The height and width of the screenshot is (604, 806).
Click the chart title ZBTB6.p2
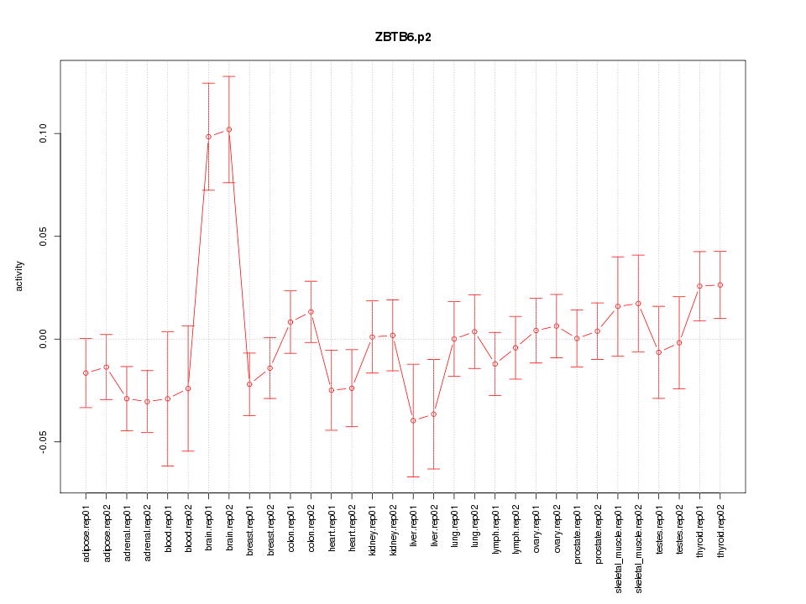pos(403,37)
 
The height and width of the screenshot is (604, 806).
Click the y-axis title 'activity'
pos(19,276)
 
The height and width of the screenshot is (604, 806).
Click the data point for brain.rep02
pos(229,129)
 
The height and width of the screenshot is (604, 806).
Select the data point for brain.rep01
pos(208,137)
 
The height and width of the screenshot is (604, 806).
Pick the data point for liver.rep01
pos(413,420)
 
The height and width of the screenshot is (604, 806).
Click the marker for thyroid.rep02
pos(720,285)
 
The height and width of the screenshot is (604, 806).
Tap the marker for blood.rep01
pos(168,398)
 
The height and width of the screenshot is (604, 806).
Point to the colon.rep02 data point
pos(311,312)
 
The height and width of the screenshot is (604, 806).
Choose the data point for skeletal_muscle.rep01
pos(618,306)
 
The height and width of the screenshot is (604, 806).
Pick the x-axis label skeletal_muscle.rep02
pos(639,547)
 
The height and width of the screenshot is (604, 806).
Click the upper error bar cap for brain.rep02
pos(229,76)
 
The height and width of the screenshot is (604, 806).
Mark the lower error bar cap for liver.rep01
pos(413,476)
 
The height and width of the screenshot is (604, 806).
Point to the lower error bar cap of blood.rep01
pos(168,466)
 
